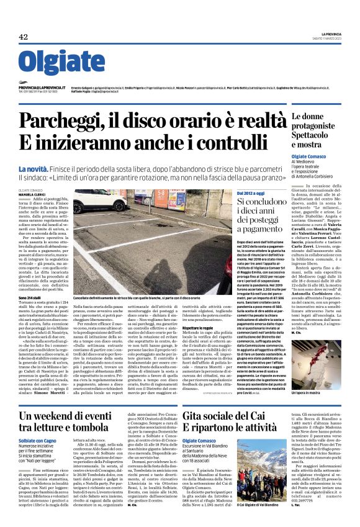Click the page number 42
point(23,38)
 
